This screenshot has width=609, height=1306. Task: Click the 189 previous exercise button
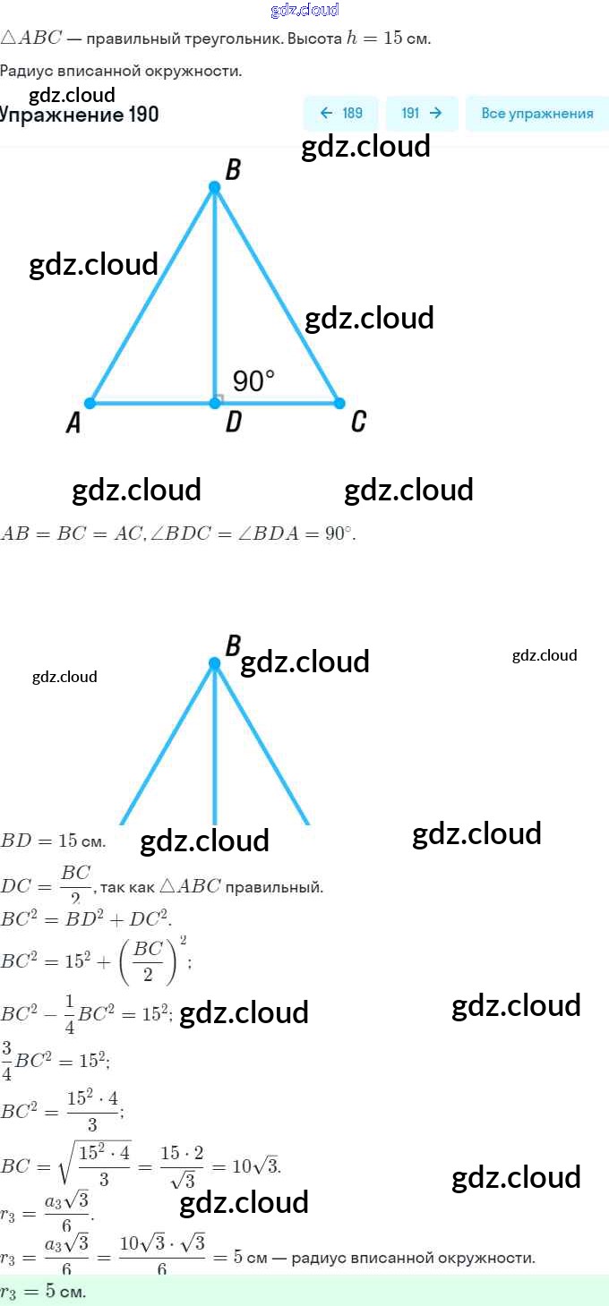(341, 114)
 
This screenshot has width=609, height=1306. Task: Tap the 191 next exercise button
(422, 114)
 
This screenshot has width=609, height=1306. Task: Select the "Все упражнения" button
(536, 114)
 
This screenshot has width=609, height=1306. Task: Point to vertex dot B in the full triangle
(214, 187)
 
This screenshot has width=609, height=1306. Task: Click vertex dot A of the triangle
(90, 404)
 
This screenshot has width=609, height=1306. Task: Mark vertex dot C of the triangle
(339, 404)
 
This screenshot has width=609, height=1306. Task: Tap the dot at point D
(215, 404)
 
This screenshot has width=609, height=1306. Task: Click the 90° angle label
(253, 381)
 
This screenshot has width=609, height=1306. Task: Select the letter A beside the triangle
(73, 423)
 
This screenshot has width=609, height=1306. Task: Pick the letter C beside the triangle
(358, 422)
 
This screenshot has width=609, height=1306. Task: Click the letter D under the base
(233, 423)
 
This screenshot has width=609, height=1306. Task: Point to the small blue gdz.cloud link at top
(304, 10)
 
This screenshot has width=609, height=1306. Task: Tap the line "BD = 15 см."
(53, 841)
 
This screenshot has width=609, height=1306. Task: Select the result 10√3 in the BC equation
(256, 1166)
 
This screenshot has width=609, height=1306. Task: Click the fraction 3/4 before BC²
(7, 1055)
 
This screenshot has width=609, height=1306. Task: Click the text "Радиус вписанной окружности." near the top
(121, 71)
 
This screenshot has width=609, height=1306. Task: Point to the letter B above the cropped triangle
(233, 645)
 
